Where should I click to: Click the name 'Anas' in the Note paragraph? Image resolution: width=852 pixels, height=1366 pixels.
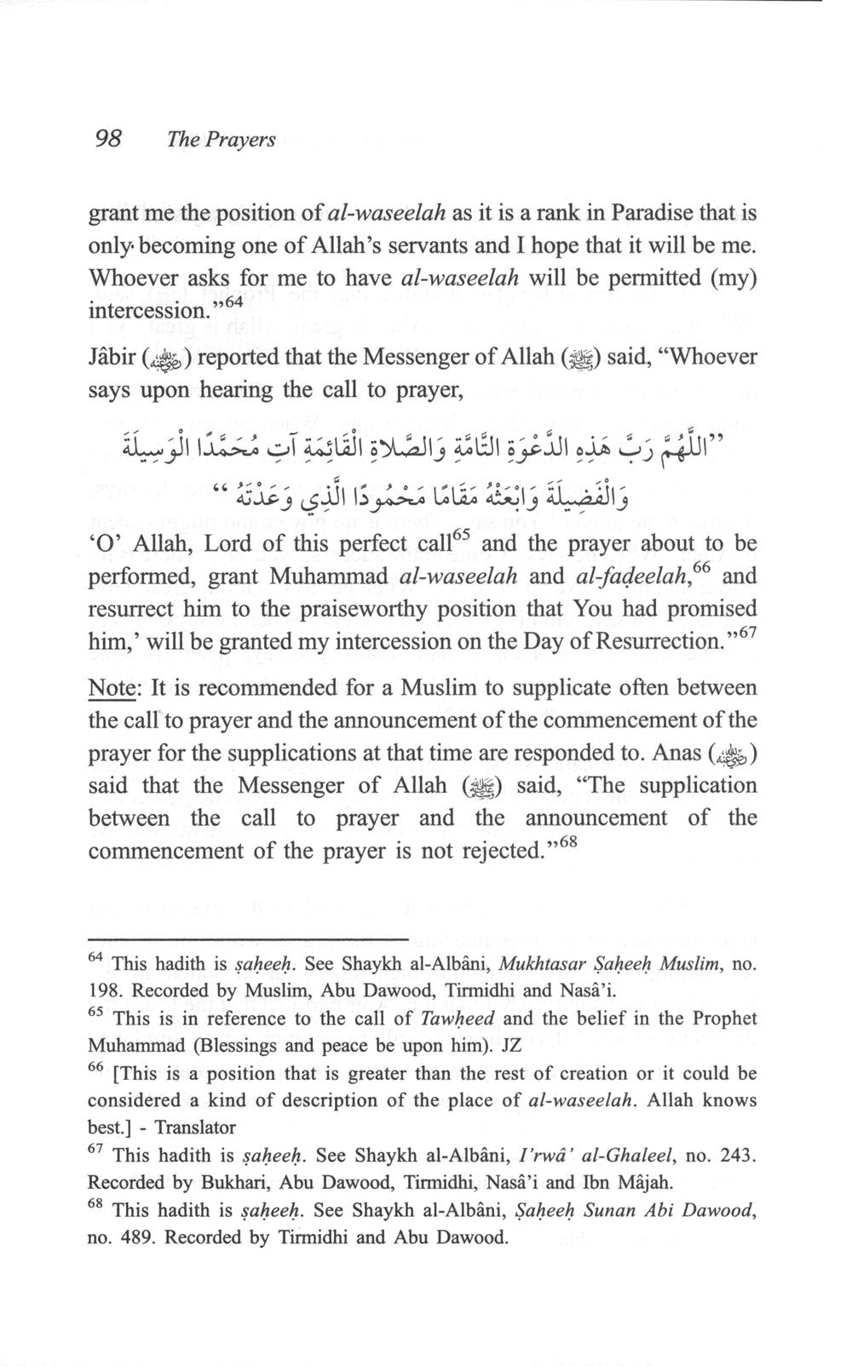pos(671,753)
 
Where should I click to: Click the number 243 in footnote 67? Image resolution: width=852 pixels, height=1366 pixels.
pos(734,1156)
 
